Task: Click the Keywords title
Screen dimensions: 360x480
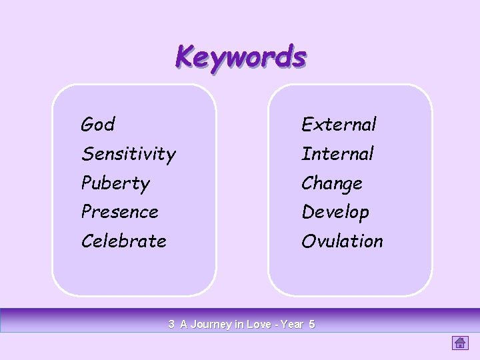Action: (241, 57)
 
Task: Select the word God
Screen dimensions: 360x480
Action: (98, 125)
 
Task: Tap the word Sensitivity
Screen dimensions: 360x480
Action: (129, 155)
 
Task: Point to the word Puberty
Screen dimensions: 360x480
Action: (115, 183)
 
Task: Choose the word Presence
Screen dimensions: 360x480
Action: (120, 212)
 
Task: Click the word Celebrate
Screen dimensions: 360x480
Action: (123, 241)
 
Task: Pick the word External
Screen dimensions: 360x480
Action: (339, 125)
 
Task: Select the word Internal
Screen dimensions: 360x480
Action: (337, 154)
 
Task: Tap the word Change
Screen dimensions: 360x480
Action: (332, 183)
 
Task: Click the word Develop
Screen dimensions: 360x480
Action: (335, 213)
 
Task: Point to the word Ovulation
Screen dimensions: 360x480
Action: (342, 241)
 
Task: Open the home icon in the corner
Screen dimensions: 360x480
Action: (460, 343)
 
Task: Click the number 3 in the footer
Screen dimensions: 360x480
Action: (171, 325)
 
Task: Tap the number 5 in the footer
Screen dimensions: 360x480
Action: (312, 325)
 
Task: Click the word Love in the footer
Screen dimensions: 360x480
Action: (259, 325)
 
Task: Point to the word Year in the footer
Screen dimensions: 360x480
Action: (292, 325)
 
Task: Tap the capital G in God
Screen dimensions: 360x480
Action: (87, 125)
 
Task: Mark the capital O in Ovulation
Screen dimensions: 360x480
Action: (309, 241)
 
